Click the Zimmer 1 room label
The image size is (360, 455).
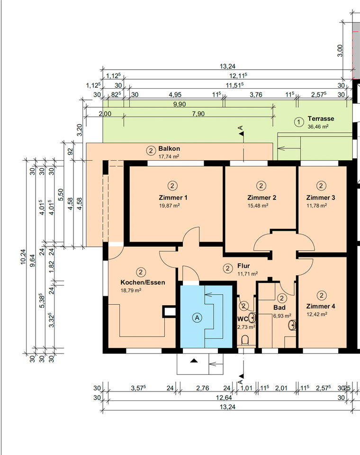[173, 198]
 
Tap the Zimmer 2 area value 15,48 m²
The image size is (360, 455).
[258, 206]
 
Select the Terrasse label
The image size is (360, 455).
[321, 118]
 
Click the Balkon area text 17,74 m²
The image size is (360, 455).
[169, 157]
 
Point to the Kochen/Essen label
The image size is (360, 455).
[143, 282]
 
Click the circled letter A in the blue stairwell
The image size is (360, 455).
[197, 318]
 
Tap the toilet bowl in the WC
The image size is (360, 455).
[245, 339]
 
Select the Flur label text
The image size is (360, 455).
[243, 266]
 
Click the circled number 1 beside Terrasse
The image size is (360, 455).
[299, 122]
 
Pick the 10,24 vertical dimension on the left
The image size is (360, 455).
[23, 257]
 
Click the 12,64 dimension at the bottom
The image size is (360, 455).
[224, 397]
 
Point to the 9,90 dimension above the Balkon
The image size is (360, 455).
[180, 104]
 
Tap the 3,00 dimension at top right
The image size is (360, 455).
[340, 51]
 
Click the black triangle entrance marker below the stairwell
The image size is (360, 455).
[194, 361]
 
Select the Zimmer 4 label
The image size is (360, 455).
[321, 307]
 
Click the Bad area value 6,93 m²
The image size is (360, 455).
[282, 316]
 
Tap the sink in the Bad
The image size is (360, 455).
[292, 325]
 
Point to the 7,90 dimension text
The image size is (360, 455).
[198, 114]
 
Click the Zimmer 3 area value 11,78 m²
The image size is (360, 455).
[317, 206]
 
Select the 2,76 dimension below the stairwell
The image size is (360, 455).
[202, 388]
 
